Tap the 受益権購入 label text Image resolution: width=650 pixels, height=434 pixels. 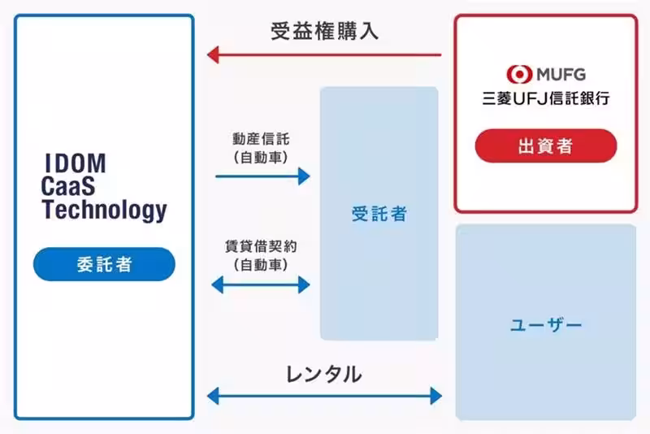pos(324,32)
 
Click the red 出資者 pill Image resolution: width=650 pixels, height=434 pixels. pos(545,146)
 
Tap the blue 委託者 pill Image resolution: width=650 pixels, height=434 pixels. pos(104,265)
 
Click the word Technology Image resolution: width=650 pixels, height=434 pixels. pos(104,211)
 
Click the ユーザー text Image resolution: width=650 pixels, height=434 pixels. pos(545,325)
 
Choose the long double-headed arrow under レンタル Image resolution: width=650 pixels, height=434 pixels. pos(324,397)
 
